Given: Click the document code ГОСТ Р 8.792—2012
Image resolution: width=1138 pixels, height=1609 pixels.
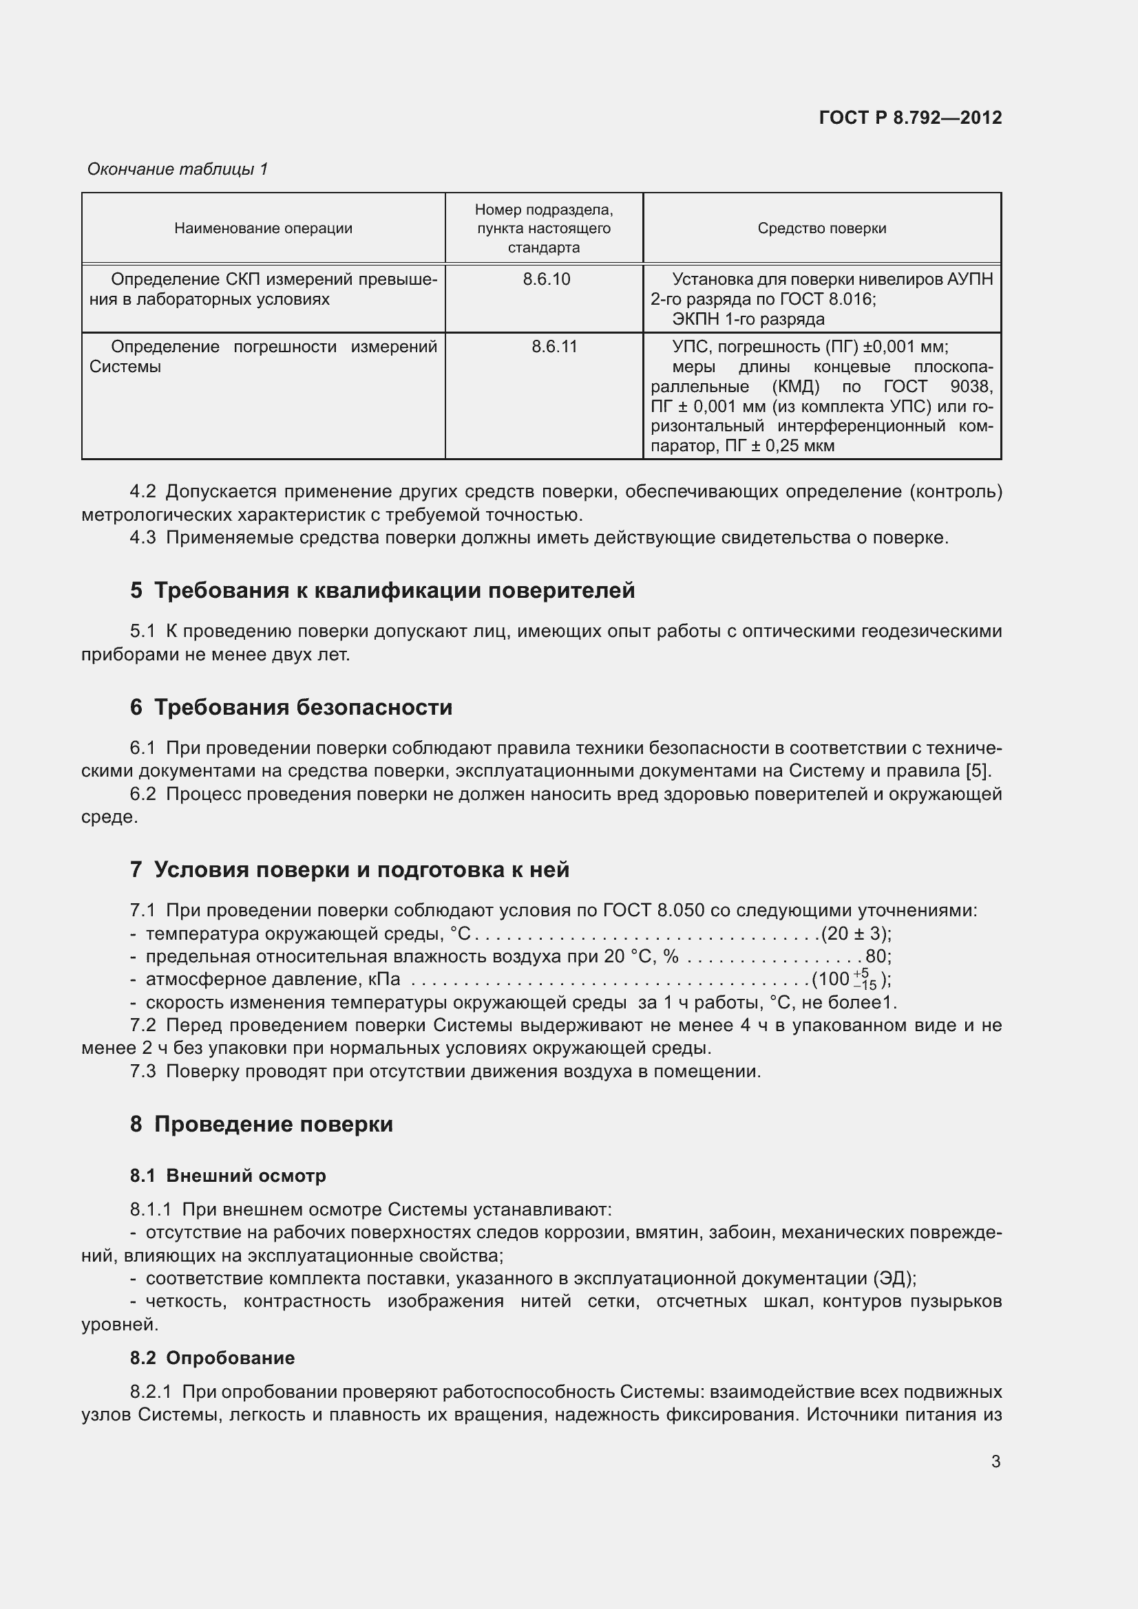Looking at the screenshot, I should pyautogui.click(x=909, y=118).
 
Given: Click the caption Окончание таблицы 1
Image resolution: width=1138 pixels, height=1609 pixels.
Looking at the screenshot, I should pyautogui.click(x=178, y=169).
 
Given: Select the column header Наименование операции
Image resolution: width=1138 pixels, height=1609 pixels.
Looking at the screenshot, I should pyautogui.click(x=263, y=228).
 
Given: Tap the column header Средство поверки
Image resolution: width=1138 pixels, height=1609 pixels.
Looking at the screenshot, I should pyautogui.click(x=821, y=228).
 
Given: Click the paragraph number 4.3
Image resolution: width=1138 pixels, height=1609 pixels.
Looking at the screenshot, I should pyautogui.click(x=143, y=538).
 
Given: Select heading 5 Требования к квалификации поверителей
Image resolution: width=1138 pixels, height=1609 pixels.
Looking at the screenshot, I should pyautogui.click(x=382, y=591).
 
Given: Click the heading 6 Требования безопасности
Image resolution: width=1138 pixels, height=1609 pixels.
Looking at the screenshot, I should pyautogui.click(x=291, y=708).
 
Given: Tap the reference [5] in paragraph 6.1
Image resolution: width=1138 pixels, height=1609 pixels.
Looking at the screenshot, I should pyautogui.click(x=977, y=772).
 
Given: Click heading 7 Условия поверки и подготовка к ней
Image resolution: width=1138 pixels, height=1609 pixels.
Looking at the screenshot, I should pyautogui.click(x=349, y=870).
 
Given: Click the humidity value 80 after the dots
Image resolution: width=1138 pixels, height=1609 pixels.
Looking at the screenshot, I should pyautogui.click(x=876, y=958).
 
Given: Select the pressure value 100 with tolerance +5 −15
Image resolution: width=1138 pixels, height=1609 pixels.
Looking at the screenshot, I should pyautogui.click(x=849, y=980).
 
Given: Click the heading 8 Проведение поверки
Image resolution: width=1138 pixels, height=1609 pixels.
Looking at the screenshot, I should pyautogui.click(x=261, y=1125).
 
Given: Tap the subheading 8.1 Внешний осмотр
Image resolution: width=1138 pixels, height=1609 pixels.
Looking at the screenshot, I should pyautogui.click(x=228, y=1176).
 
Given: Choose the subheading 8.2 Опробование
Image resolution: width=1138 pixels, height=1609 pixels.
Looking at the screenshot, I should pyautogui.click(x=212, y=1358).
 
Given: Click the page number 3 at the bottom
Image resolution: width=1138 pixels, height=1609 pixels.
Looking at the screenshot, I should pyautogui.click(x=995, y=1462).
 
